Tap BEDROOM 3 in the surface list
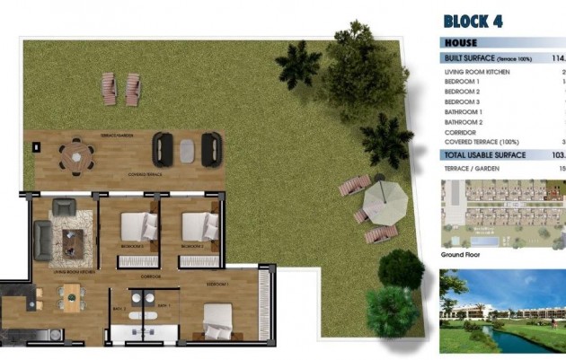[464, 101]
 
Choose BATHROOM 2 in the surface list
[464, 121]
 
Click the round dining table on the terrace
[75, 155]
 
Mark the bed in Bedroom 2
[199, 224]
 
